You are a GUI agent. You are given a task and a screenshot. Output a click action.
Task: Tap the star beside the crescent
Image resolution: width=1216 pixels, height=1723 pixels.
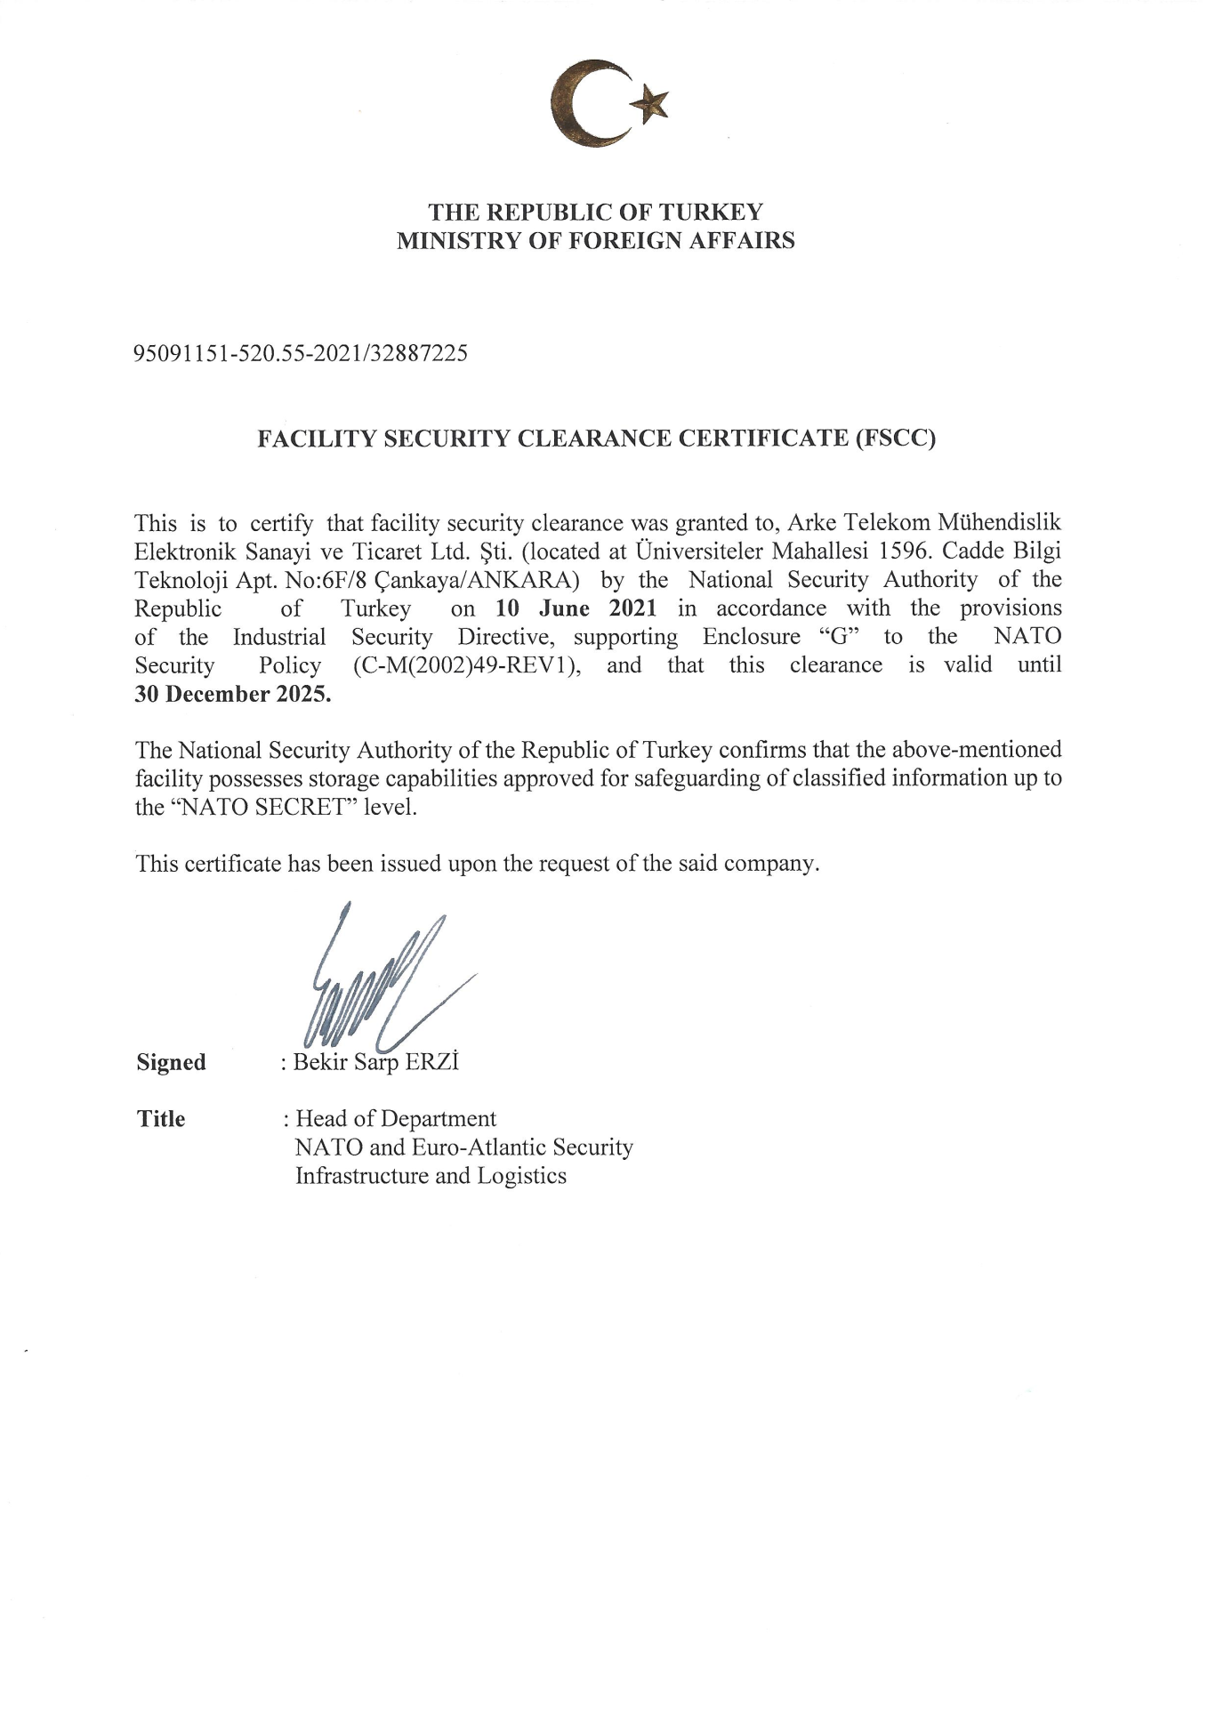(x=650, y=104)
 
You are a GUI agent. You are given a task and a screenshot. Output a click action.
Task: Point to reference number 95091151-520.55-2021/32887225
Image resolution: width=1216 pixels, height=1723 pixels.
(x=301, y=354)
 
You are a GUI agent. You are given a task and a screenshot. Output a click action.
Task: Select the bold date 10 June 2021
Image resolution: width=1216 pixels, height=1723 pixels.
(x=576, y=608)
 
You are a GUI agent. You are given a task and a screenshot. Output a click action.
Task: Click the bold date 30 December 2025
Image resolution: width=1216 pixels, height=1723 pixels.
(x=232, y=695)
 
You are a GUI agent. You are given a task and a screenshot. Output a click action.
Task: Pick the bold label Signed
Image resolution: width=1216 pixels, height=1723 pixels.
(x=171, y=1062)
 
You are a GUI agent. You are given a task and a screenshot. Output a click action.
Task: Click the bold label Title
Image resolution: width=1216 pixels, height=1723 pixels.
(x=161, y=1119)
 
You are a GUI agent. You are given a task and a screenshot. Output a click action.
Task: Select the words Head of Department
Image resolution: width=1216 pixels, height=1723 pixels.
(x=396, y=1119)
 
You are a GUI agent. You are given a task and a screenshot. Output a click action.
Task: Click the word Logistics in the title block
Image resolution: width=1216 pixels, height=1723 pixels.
(x=521, y=1176)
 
